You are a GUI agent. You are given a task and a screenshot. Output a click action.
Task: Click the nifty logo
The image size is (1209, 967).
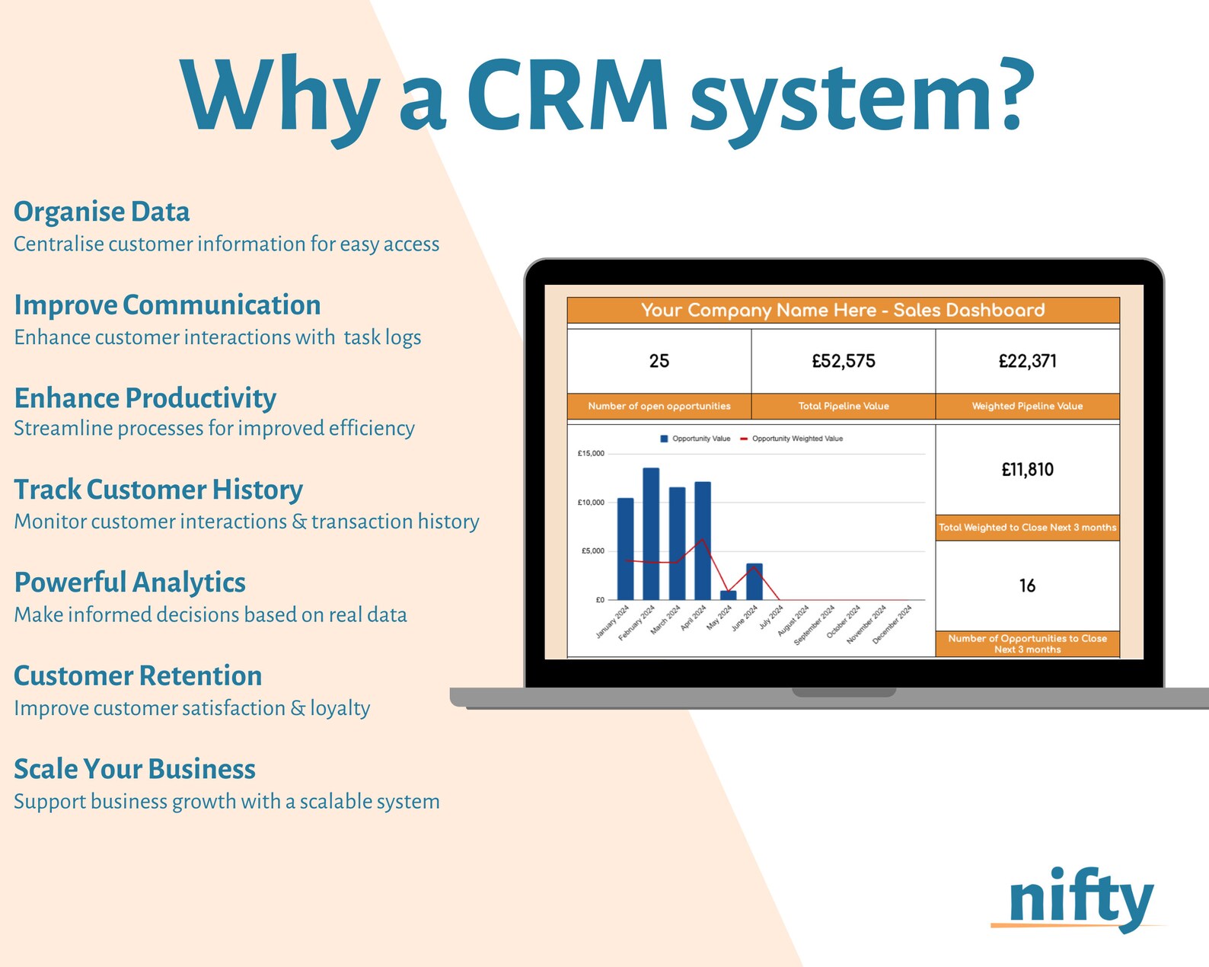(1080, 899)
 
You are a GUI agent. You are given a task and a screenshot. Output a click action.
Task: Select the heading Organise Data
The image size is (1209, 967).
(102, 212)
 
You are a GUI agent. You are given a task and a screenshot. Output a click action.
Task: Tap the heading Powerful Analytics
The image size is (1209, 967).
(130, 582)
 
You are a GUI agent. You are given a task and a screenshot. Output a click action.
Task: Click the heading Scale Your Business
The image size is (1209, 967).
(135, 769)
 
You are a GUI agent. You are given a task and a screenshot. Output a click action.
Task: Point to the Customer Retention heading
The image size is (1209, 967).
(138, 676)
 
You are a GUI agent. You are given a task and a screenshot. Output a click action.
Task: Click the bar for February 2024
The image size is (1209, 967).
(651, 533)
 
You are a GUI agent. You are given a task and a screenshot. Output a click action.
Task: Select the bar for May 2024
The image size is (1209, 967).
(729, 595)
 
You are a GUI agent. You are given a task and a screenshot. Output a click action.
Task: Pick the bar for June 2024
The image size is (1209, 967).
(754, 582)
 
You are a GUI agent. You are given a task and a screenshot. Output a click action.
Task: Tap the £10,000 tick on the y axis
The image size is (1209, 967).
(591, 503)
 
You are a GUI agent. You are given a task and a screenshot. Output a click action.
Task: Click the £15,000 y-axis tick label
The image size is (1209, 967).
(591, 454)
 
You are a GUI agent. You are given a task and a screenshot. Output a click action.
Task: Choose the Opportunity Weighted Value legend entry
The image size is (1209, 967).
(796, 439)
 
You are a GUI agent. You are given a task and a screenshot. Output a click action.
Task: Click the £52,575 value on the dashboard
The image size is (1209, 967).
(844, 361)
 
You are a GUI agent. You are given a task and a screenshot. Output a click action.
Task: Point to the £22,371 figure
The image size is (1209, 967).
(1027, 361)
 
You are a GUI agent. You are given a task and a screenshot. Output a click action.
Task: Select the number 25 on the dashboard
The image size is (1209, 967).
(659, 361)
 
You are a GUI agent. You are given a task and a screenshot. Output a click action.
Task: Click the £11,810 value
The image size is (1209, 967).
(1027, 470)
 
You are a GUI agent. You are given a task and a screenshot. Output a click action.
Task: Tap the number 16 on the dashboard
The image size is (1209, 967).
(1027, 586)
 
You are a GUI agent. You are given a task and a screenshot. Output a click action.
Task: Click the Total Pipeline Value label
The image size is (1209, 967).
(844, 406)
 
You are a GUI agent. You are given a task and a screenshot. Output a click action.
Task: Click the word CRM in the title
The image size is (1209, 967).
(568, 95)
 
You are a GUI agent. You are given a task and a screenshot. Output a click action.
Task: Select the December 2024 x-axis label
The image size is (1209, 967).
(893, 624)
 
